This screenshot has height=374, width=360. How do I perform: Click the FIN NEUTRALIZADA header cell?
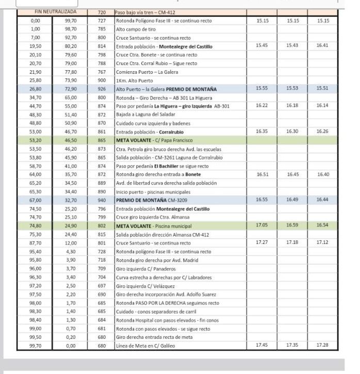[55, 12]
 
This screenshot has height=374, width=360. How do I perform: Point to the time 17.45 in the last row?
[263, 345]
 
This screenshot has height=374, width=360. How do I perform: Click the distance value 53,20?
[35, 140]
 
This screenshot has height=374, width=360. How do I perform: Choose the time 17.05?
[263, 225]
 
